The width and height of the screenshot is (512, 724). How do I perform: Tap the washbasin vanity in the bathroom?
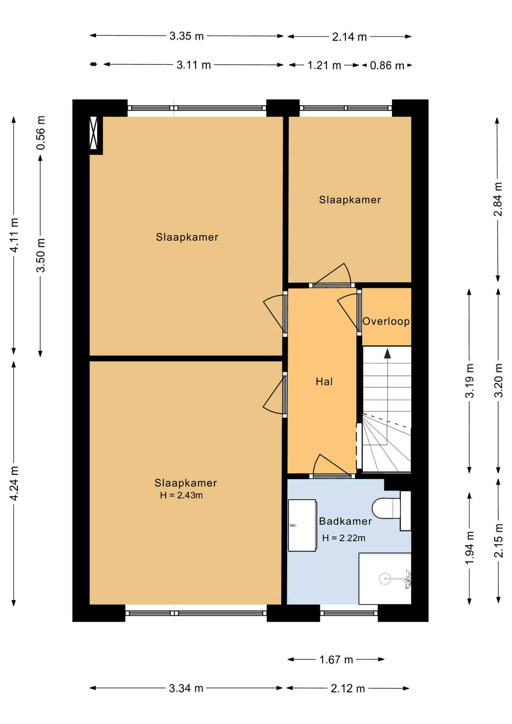click(x=302, y=525)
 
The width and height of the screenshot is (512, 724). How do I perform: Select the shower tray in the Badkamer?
click(x=385, y=579)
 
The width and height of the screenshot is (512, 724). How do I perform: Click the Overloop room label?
click(x=386, y=321)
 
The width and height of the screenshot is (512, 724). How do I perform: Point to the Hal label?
click(x=324, y=382)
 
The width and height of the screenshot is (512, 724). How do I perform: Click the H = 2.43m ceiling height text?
click(x=181, y=495)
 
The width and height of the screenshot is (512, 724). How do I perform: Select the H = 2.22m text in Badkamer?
click(x=344, y=538)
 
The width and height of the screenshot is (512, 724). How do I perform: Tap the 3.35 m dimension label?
click(x=187, y=36)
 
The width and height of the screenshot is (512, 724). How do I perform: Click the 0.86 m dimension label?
click(x=387, y=66)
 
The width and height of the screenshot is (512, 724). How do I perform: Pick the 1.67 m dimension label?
click(x=336, y=660)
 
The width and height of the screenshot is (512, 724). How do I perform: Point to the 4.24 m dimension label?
click(x=14, y=483)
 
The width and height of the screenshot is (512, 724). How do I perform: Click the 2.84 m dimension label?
click(x=498, y=199)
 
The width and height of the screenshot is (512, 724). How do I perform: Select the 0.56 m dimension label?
click(x=41, y=132)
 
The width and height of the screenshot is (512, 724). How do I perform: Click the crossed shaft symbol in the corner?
click(x=94, y=133)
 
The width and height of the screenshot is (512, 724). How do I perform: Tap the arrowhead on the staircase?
click(x=387, y=353)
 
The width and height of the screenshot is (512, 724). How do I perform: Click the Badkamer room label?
click(x=345, y=521)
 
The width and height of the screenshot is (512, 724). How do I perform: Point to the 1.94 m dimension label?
click(x=469, y=548)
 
